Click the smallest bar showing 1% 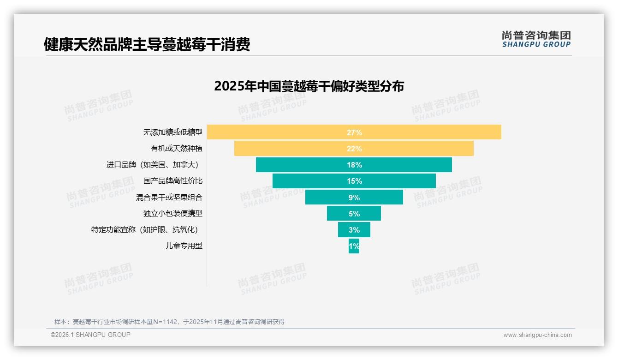click(354, 246)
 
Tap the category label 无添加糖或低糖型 click(172, 132)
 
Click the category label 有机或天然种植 click(176, 149)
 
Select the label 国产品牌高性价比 click(172, 181)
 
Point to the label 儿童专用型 click(184, 246)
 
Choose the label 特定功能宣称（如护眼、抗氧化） click(147, 230)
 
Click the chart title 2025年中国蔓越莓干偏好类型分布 click(309, 86)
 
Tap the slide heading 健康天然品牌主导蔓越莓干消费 click(147, 44)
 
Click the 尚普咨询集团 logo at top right click(536, 39)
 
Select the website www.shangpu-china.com click(537, 335)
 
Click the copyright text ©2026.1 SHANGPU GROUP click(90, 335)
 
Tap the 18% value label click(354, 165)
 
